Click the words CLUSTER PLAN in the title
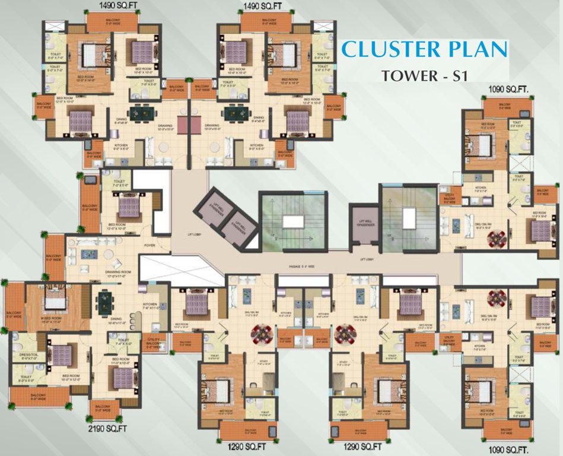425,50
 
